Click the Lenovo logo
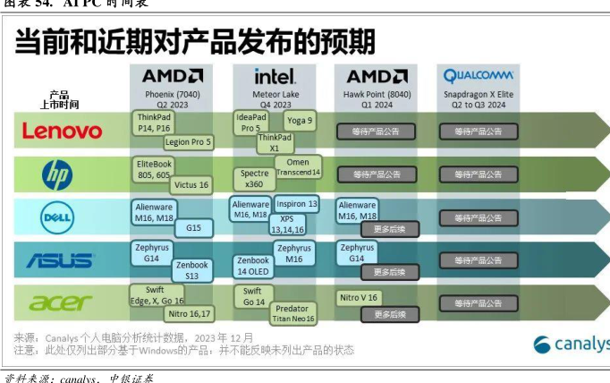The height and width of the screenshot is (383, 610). pos(62,132)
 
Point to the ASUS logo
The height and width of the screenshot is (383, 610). pos(59,260)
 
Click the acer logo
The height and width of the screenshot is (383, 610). pos(60,302)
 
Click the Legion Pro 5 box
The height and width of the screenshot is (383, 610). pos(188,141)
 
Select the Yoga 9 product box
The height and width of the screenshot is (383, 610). pos(300,121)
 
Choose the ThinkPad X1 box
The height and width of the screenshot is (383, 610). pos(275,142)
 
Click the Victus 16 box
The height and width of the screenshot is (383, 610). pos(191,185)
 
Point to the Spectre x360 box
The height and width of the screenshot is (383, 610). pos(254,178)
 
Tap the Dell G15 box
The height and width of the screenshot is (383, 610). pos(193,228)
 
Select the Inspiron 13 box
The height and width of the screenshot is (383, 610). pos(296,204)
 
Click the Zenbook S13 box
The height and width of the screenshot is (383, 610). pos(191,270)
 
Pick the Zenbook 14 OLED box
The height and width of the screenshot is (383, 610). pos(254,266)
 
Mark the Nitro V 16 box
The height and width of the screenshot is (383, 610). pos(360,297)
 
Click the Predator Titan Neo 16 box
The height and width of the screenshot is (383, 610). pos(293,313)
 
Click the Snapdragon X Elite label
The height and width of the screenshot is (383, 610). pos(479,93)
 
